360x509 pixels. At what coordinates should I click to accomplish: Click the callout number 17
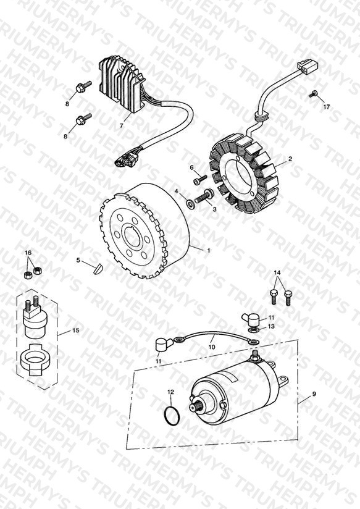[326, 106]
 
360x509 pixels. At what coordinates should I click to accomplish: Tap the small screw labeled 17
[312, 94]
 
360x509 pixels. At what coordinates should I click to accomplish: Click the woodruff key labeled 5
[97, 269]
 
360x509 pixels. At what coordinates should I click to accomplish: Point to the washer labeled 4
[191, 204]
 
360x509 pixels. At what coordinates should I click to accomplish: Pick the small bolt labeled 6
[200, 180]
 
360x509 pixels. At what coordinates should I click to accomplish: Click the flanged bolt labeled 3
[204, 196]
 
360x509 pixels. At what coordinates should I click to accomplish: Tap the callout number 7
[121, 125]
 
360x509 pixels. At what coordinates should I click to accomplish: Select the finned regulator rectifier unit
[120, 86]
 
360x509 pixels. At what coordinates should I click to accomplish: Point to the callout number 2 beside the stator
[290, 159]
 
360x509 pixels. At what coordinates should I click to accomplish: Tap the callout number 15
[75, 330]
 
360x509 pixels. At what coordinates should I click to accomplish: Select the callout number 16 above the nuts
[28, 253]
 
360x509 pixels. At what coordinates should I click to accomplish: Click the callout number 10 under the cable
[212, 347]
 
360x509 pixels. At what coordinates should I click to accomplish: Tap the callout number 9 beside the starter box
[314, 393]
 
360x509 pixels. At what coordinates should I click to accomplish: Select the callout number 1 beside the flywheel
[208, 251]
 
